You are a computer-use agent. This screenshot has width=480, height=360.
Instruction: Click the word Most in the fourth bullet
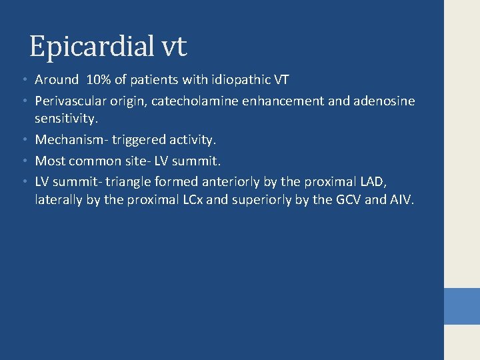pos(49,161)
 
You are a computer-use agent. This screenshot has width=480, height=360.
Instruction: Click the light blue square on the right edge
pos(462,307)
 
